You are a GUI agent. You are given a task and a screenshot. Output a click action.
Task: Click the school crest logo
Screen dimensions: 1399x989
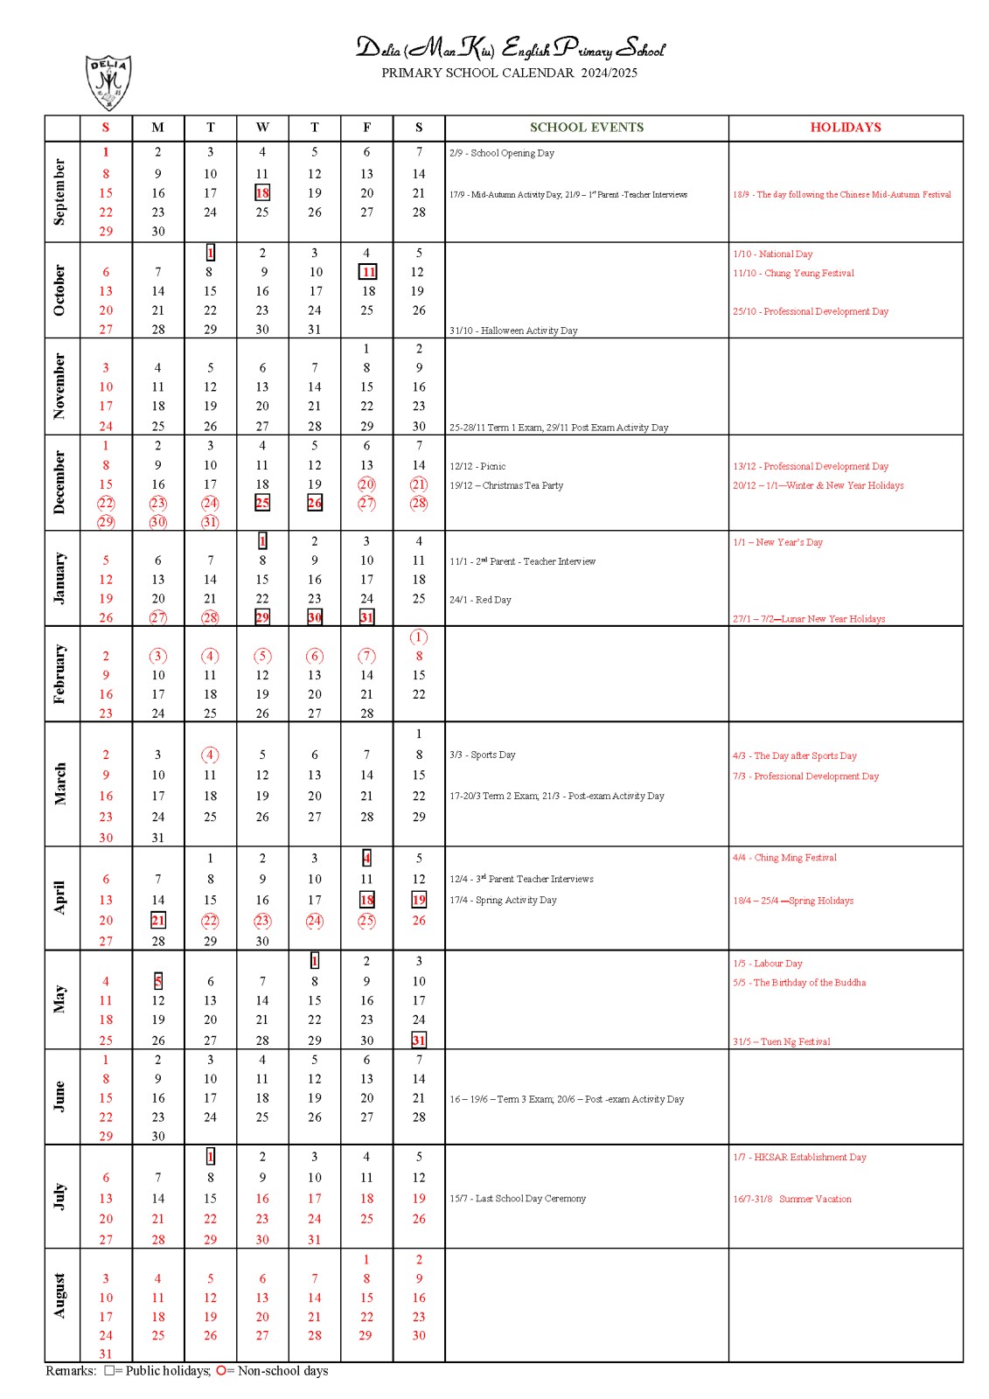pos(108,82)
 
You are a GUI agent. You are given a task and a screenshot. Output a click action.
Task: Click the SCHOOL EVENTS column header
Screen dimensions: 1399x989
pos(586,128)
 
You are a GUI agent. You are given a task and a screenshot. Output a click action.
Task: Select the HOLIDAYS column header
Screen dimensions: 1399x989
pos(845,128)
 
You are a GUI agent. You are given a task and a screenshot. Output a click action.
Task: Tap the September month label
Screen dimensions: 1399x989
pos(59,191)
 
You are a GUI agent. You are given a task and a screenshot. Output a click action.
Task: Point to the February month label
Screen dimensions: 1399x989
pos(59,673)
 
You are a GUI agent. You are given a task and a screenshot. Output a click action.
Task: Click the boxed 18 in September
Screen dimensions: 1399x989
pos(262,193)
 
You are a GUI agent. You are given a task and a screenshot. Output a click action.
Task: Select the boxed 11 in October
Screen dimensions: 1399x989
pos(368,272)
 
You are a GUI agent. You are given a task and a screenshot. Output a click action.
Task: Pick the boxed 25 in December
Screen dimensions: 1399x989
pos(262,503)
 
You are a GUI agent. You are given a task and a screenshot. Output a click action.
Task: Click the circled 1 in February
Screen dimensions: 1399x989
pos(419,637)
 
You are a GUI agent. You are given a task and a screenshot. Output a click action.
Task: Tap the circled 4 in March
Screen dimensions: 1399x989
pos(210,755)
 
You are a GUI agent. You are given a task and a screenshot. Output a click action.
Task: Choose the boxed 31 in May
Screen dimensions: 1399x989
pos(419,1040)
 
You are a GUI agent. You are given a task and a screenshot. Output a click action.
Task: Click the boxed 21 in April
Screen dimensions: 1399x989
pos(158,920)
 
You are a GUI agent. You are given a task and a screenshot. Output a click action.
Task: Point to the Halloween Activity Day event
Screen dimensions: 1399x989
pos(513,331)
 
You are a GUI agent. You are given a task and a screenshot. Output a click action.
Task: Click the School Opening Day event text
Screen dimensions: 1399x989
pos(502,153)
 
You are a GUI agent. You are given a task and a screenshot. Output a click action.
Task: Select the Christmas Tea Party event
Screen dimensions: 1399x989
pos(506,485)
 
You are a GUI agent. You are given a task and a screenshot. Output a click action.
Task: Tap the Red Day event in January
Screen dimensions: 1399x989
pos(480,600)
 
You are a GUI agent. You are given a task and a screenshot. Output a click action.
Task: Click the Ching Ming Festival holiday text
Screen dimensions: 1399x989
pos(784,858)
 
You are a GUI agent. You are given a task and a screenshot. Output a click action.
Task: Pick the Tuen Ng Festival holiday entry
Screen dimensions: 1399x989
pos(781,1041)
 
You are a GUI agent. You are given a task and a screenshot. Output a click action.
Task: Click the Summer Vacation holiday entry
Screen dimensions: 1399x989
pos(791,1199)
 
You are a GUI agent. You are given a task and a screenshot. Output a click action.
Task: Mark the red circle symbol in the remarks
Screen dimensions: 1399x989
pos(221,1370)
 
